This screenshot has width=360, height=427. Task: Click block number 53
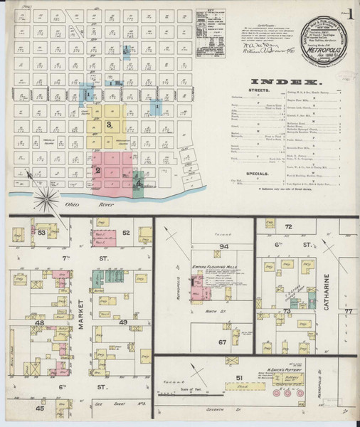42,233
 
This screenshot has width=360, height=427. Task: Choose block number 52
126,233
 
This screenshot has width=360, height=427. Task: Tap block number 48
40,322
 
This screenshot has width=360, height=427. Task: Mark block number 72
289,226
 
